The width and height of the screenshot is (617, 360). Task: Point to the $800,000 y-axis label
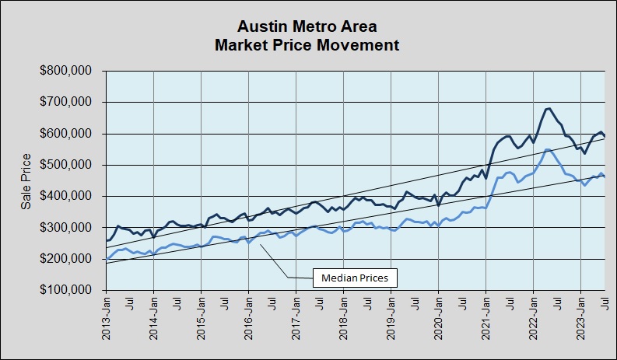click(x=66, y=71)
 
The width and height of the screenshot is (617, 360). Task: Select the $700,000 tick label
click(x=66, y=102)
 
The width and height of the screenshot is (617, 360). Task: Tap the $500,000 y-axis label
click(x=66, y=165)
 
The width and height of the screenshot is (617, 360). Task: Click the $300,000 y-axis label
click(x=66, y=228)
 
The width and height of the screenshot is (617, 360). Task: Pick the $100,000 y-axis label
click(x=66, y=290)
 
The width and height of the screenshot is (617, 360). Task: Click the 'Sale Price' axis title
click(x=26, y=180)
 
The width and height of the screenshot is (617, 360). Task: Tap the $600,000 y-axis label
click(x=66, y=134)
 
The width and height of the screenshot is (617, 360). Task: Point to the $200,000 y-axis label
click(x=66, y=259)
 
